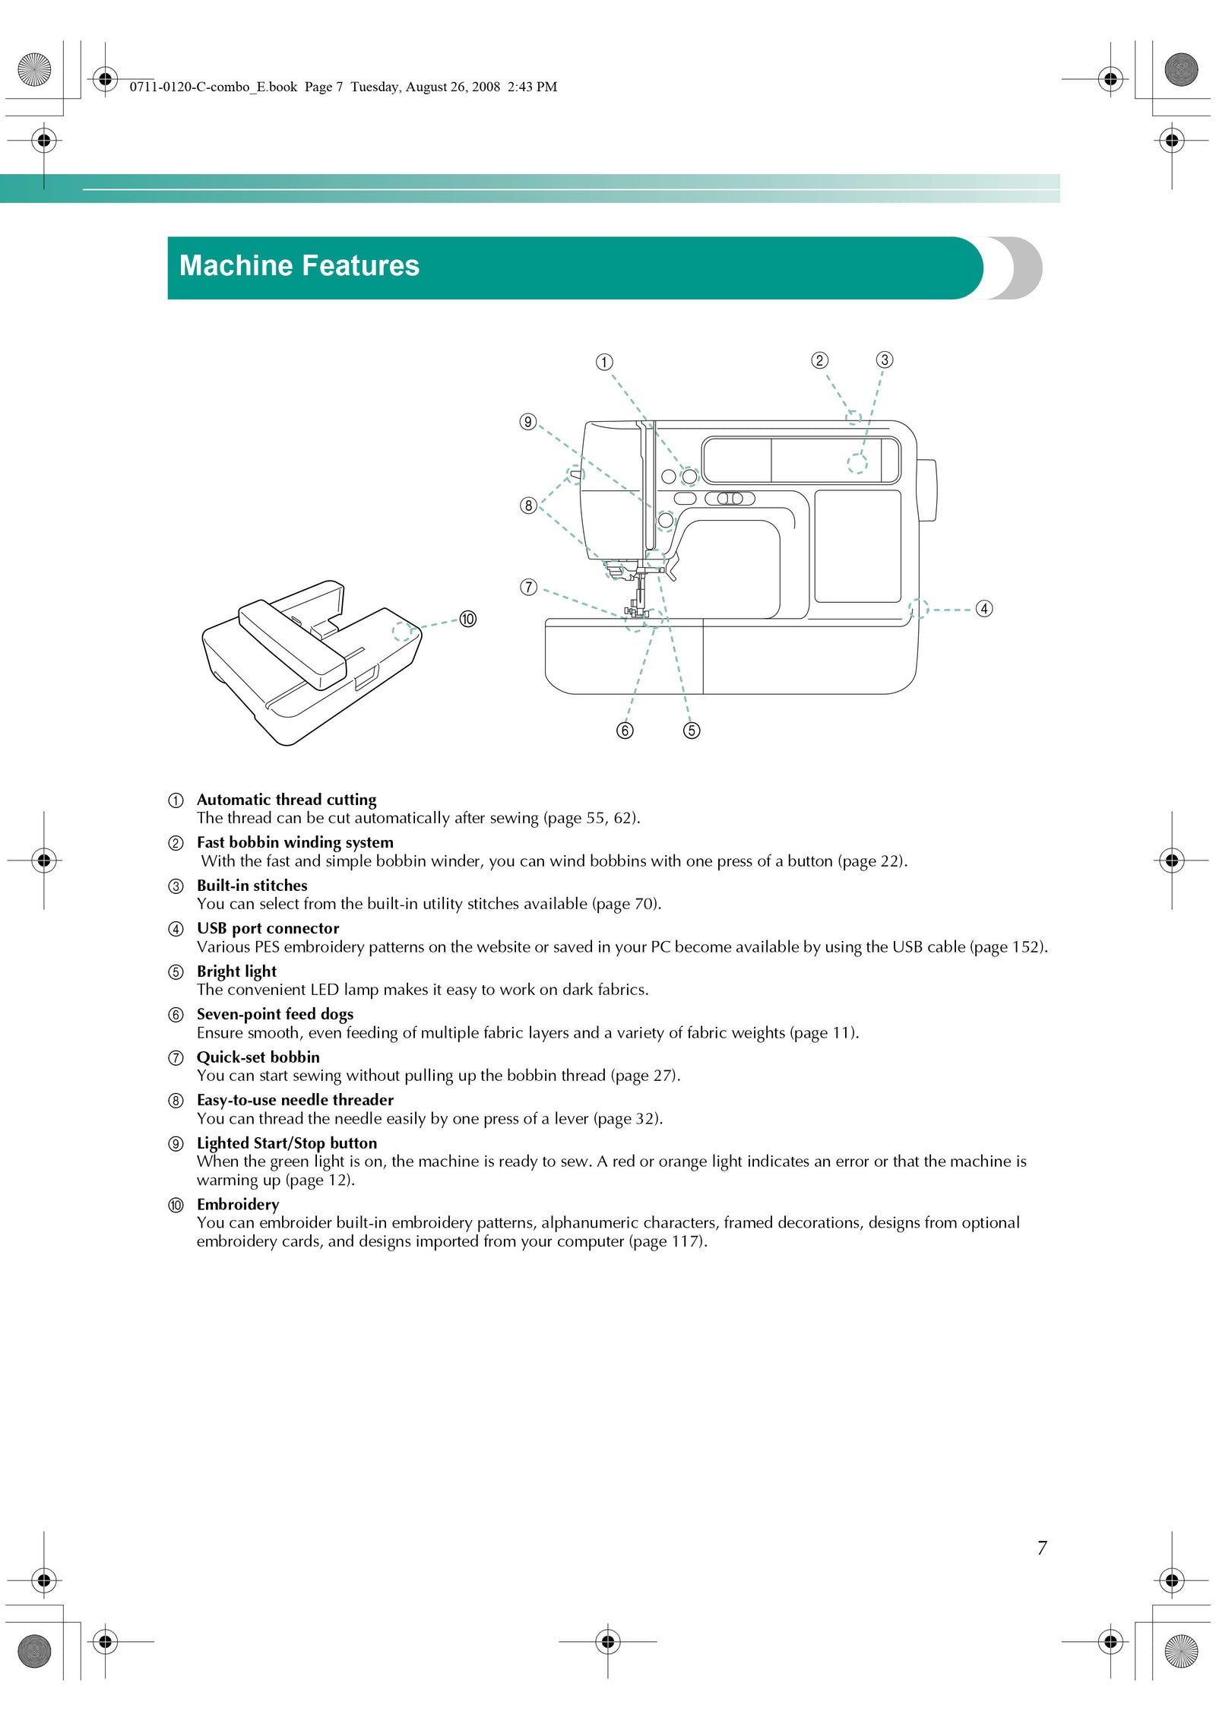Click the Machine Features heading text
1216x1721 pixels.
coord(299,265)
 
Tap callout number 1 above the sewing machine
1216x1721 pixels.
coord(603,362)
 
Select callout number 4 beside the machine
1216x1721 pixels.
coord(983,609)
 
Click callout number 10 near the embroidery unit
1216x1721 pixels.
coord(467,619)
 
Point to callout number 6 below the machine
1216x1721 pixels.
coord(625,731)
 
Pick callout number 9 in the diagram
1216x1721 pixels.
coord(528,422)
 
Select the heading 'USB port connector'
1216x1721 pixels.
coord(268,928)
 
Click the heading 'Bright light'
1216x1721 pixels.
coord(236,971)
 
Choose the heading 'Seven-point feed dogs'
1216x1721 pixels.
coord(275,1014)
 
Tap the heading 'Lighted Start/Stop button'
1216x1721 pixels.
coord(287,1143)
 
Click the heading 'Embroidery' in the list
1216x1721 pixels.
coord(238,1205)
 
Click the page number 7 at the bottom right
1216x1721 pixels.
coord(1042,1548)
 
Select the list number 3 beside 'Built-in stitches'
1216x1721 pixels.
coord(176,886)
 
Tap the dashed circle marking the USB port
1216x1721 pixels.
coord(919,608)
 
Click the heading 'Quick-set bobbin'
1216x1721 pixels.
coord(258,1057)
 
